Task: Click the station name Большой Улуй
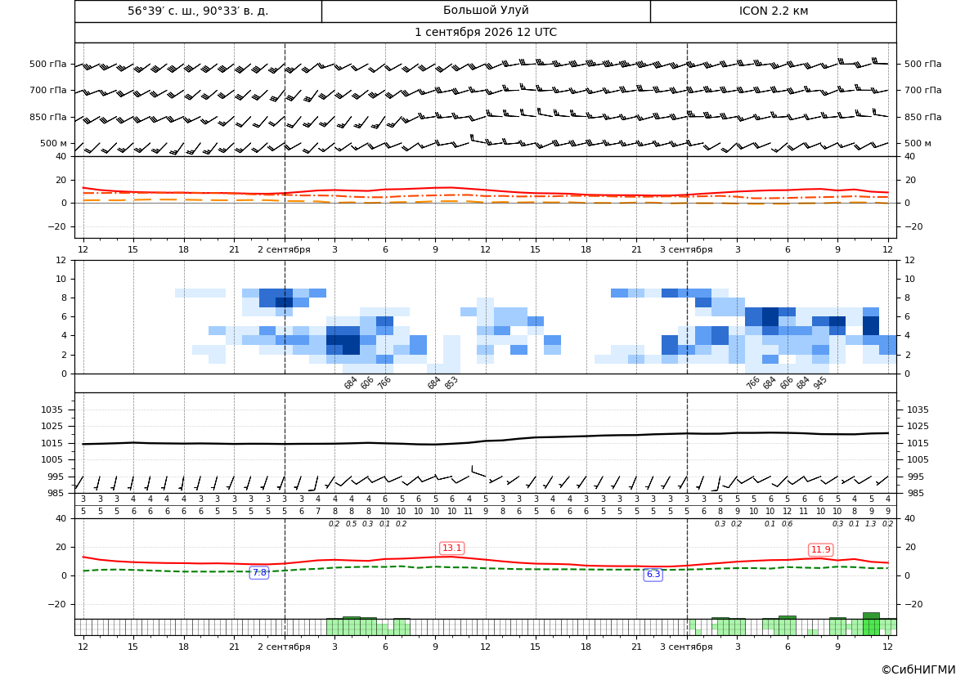click(x=486, y=11)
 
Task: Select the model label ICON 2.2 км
click(x=774, y=11)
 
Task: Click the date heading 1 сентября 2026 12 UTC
click(x=485, y=33)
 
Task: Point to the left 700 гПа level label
click(x=48, y=90)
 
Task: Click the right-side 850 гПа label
click(x=922, y=117)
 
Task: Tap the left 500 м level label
click(x=53, y=143)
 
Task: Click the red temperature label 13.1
click(x=451, y=548)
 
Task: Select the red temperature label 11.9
click(x=820, y=549)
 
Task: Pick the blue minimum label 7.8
click(x=259, y=572)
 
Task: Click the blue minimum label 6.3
click(x=653, y=574)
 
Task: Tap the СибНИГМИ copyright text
click(x=918, y=669)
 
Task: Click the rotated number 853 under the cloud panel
click(x=451, y=383)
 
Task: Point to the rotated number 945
click(x=819, y=383)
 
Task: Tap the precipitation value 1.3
click(x=871, y=524)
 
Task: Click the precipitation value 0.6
click(x=787, y=524)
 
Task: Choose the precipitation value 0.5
click(x=351, y=524)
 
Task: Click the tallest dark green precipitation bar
click(x=871, y=625)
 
